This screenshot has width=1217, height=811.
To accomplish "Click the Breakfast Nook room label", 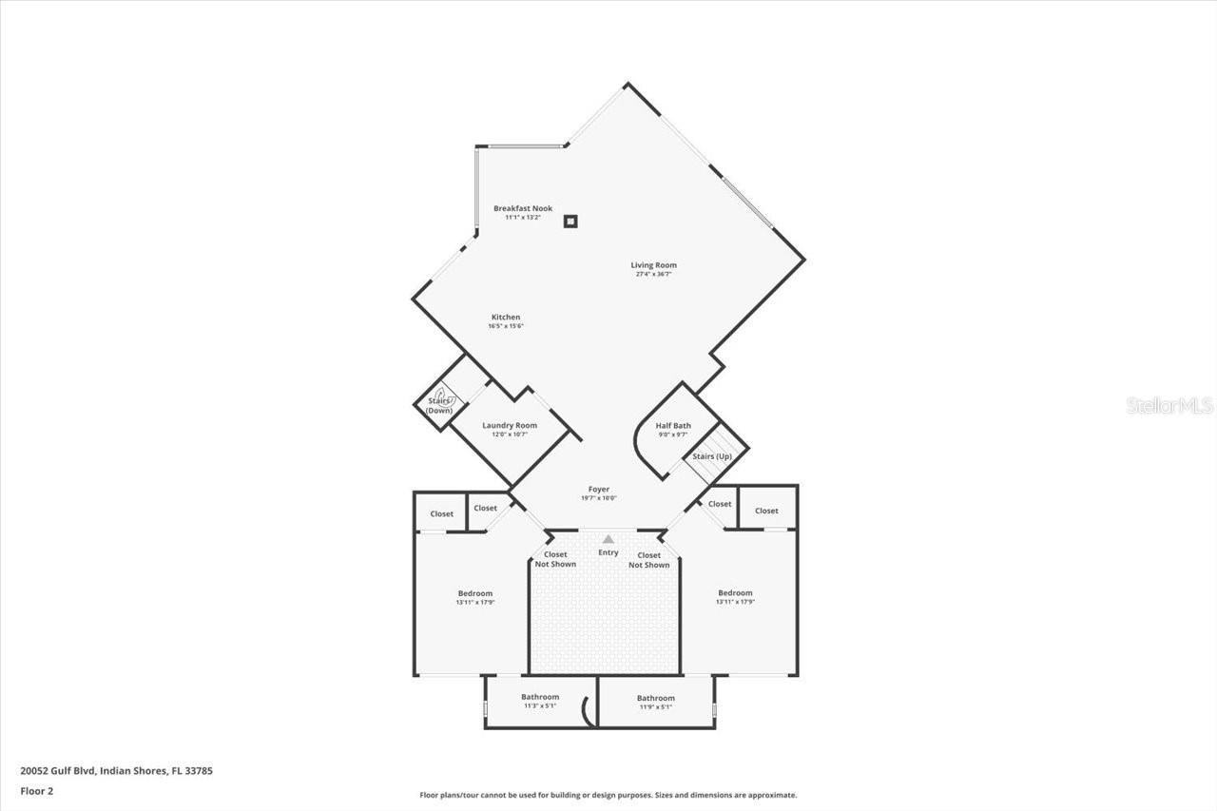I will click(522, 208).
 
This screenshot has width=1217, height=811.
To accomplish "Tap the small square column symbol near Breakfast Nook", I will click(570, 222).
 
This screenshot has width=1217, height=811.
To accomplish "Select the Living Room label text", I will click(653, 265).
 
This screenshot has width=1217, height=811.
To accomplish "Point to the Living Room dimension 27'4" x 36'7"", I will click(653, 275).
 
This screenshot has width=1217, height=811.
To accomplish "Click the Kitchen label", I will click(505, 317).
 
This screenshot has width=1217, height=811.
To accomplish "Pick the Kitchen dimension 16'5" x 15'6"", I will click(505, 326).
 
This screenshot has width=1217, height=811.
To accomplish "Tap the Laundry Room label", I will click(509, 425).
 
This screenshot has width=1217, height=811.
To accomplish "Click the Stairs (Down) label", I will click(438, 405).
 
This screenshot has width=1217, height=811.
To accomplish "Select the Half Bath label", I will click(673, 425).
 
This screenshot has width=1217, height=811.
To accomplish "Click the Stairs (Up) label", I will click(712, 456).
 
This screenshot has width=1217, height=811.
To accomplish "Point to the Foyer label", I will click(598, 489).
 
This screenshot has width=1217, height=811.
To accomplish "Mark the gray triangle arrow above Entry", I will click(608, 539).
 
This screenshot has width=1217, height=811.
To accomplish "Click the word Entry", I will click(608, 552).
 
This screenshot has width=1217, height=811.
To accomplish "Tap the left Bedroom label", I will click(475, 593).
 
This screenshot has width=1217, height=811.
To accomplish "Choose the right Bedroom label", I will click(735, 593).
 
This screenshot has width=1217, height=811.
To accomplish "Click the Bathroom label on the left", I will click(540, 697).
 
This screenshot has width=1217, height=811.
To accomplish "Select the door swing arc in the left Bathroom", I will click(589, 712).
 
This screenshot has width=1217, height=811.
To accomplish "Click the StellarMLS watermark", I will click(1169, 406).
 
